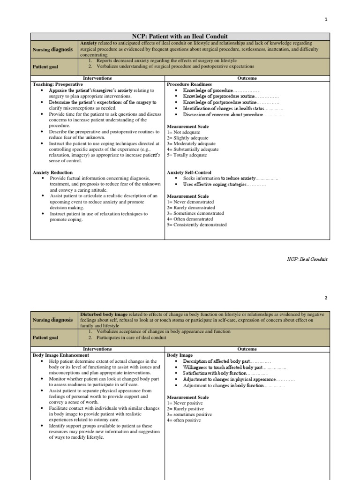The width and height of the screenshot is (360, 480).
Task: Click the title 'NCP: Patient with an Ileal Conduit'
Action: [x=180, y=37]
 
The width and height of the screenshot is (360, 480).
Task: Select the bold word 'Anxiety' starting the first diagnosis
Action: [x=88, y=43]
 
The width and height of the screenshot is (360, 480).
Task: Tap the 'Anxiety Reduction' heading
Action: [x=53, y=172]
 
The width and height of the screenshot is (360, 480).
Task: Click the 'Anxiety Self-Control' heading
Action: [x=189, y=172]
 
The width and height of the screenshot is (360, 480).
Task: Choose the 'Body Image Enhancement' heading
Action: [x=61, y=355]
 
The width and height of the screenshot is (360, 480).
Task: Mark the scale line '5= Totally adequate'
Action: [x=187, y=155]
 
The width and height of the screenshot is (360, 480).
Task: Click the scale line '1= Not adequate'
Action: [x=183, y=133]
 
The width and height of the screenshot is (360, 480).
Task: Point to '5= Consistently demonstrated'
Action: [x=196, y=225]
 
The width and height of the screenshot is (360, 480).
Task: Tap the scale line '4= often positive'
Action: [x=184, y=420]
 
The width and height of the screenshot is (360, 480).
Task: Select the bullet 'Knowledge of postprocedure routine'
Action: [x=219, y=102]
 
